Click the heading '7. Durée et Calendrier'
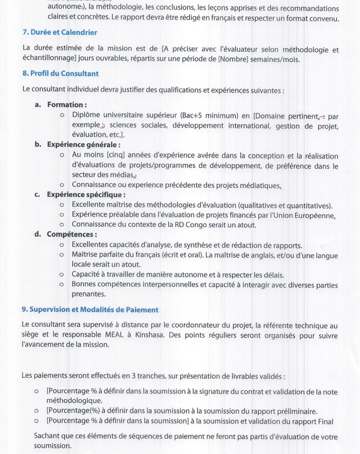pyautogui.click(x=60, y=32)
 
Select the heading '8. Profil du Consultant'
pyautogui.click(x=60, y=73)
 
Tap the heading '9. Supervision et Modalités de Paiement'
pyautogui.click(x=90, y=309)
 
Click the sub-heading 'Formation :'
pyautogui.click(x=67, y=105)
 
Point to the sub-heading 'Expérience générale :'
pyautogui.click(x=84, y=144)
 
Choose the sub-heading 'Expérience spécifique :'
pyautogui.click(x=86, y=194)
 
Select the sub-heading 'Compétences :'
pyautogui.click(x=71, y=234)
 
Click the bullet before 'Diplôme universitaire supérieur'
pyautogui.click(x=61, y=115)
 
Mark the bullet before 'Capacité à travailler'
pyautogui.click(x=61, y=275)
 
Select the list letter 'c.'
pyautogui.click(x=37, y=194)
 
